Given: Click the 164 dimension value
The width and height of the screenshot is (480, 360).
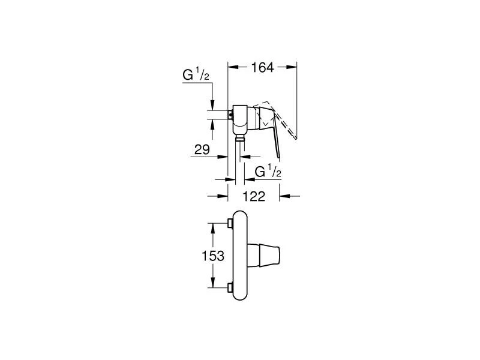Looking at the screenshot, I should tap(262, 68).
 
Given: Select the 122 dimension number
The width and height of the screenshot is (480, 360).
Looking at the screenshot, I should tap(254, 196).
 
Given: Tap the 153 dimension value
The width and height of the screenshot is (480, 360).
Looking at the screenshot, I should tap(213, 256).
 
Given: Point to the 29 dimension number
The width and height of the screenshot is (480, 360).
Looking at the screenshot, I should tap(202, 149).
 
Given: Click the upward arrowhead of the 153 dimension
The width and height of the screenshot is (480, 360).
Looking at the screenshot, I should tap(213, 226).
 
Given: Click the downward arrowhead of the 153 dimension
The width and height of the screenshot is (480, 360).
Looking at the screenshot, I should tap(213, 286).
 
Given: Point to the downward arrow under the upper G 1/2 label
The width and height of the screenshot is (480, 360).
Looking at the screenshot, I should tap(212, 106).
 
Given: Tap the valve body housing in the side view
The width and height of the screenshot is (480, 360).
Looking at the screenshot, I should tap(241, 119).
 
